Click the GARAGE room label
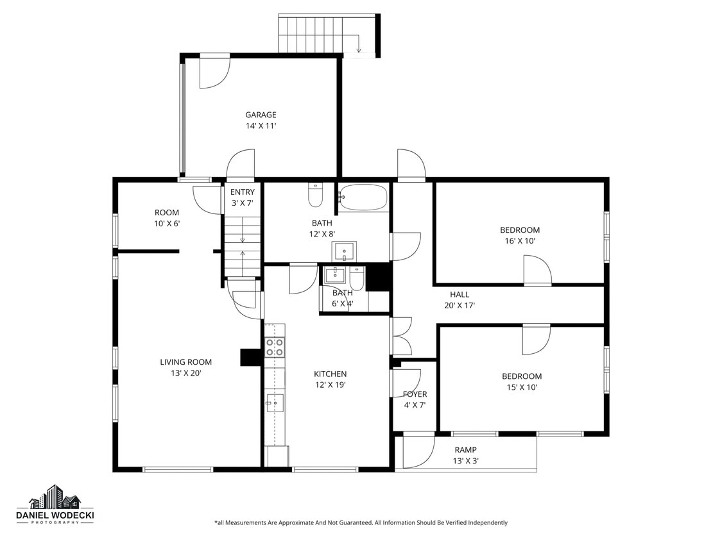(x=261, y=115)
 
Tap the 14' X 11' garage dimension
(x=261, y=126)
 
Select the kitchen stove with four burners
(x=275, y=347)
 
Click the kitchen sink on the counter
(x=275, y=403)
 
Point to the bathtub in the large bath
(x=363, y=198)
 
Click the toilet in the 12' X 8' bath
(x=315, y=196)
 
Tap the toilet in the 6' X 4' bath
(x=357, y=278)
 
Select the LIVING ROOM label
(x=185, y=362)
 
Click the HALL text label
(x=459, y=295)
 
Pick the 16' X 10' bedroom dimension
(x=520, y=241)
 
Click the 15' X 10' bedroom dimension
(x=521, y=387)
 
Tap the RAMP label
(x=465, y=450)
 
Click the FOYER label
(x=415, y=394)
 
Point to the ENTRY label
(x=243, y=192)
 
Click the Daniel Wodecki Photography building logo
(x=55, y=497)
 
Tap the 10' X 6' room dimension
(x=167, y=224)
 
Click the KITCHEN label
(x=330, y=374)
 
